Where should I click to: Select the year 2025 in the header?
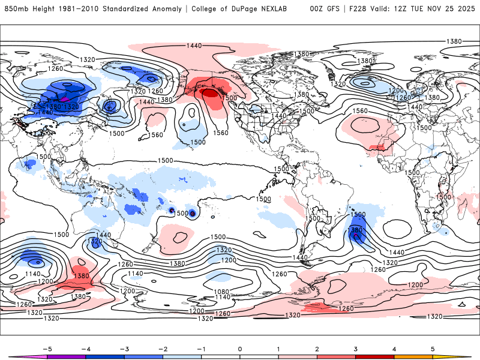pyautogui.click(x=464, y=9)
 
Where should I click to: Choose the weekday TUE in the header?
pyautogui.click(x=418, y=9)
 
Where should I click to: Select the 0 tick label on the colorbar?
pyautogui.click(x=239, y=348)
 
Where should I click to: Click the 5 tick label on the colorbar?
pyautogui.click(x=433, y=348)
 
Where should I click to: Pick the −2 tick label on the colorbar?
pyautogui.click(x=163, y=348)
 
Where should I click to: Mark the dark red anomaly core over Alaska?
pyautogui.click(x=210, y=94)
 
